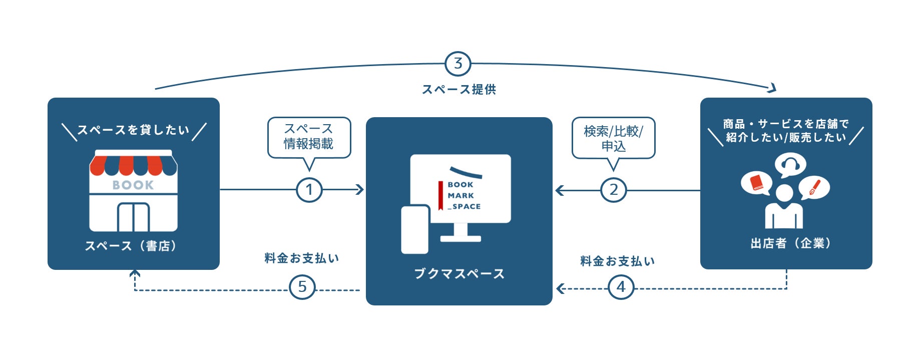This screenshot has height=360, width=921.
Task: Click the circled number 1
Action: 309,190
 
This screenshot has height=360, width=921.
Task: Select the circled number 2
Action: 614,190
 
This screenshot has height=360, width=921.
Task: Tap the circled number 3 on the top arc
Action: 458,64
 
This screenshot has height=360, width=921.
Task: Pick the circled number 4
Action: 621,287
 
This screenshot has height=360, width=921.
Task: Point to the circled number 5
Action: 302,287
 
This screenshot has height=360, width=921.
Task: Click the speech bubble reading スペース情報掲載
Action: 309,137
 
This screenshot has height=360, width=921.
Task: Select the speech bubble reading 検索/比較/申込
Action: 613,139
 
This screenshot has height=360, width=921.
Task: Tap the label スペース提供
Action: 459,90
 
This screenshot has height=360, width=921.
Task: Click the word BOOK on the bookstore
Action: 133,185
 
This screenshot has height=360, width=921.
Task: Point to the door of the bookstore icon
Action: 133,217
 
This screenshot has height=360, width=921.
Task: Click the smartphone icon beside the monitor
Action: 415,229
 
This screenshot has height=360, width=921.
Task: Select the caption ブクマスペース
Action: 459,274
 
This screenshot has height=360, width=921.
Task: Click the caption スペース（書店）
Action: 131,246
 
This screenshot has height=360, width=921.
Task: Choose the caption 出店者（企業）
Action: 791,243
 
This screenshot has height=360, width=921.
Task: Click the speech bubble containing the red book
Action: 756,183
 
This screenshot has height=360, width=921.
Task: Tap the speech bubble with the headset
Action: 790,165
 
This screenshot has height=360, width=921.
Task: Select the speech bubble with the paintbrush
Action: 814,188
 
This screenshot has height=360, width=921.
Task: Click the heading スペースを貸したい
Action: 133,130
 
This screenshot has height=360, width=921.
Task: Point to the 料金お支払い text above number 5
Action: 302,258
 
